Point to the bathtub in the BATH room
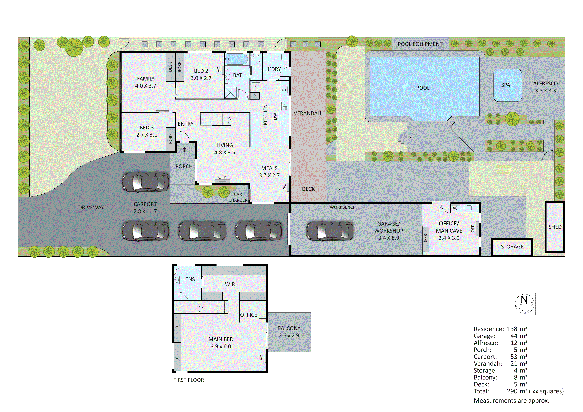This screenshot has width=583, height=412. point(236,59)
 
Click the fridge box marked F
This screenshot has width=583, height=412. point(255,87)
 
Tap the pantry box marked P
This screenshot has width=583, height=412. point(254,96)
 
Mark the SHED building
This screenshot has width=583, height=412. point(555,227)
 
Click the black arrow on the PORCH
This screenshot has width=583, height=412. point(185,149)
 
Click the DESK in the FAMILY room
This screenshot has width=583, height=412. point(170,67)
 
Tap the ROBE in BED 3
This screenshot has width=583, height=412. point(170,139)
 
